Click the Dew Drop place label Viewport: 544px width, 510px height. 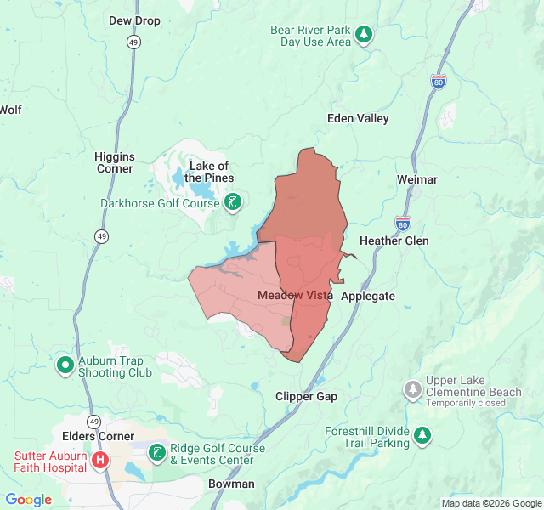coord(134,20)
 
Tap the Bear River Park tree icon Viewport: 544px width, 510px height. coord(364,35)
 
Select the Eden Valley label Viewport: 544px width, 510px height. coord(358,118)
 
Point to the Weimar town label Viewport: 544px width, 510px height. coord(416,179)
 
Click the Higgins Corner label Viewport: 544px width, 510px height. coord(114,162)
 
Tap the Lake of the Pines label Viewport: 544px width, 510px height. coord(209,172)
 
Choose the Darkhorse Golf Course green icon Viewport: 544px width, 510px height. coord(232,202)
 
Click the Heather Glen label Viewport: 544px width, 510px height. coord(394,241)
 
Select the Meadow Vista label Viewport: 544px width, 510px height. coord(295,295)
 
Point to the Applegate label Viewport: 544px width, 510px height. coord(367,296)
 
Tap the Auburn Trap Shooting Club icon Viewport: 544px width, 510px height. coord(65,365)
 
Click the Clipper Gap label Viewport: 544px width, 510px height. coord(306,396)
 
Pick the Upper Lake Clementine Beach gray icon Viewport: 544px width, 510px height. coord(412,389)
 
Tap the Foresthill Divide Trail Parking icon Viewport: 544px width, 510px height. coord(422,436)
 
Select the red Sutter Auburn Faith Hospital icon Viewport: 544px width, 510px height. coord(100,460)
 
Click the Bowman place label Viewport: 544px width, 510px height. coord(231,484)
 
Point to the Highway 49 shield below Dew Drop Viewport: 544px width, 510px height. coord(134,41)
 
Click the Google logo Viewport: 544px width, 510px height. coord(28,500)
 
